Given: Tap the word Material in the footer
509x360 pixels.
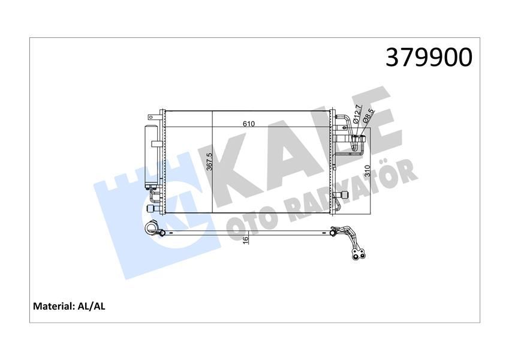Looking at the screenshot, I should [x=53, y=307].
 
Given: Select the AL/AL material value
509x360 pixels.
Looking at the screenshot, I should [x=91, y=307].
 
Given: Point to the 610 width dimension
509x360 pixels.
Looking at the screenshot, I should [x=249, y=124].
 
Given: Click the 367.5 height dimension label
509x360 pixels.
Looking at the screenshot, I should [x=209, y=162].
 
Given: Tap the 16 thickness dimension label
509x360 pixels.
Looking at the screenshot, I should [x=245, y=239].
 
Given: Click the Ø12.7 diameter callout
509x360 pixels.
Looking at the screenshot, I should [x=357, y=114].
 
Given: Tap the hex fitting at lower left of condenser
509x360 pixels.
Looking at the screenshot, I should [x=150, y=208].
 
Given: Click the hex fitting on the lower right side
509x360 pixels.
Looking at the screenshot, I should [x=344, y=195].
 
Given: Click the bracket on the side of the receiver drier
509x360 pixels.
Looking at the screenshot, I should [x=156, y=143].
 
